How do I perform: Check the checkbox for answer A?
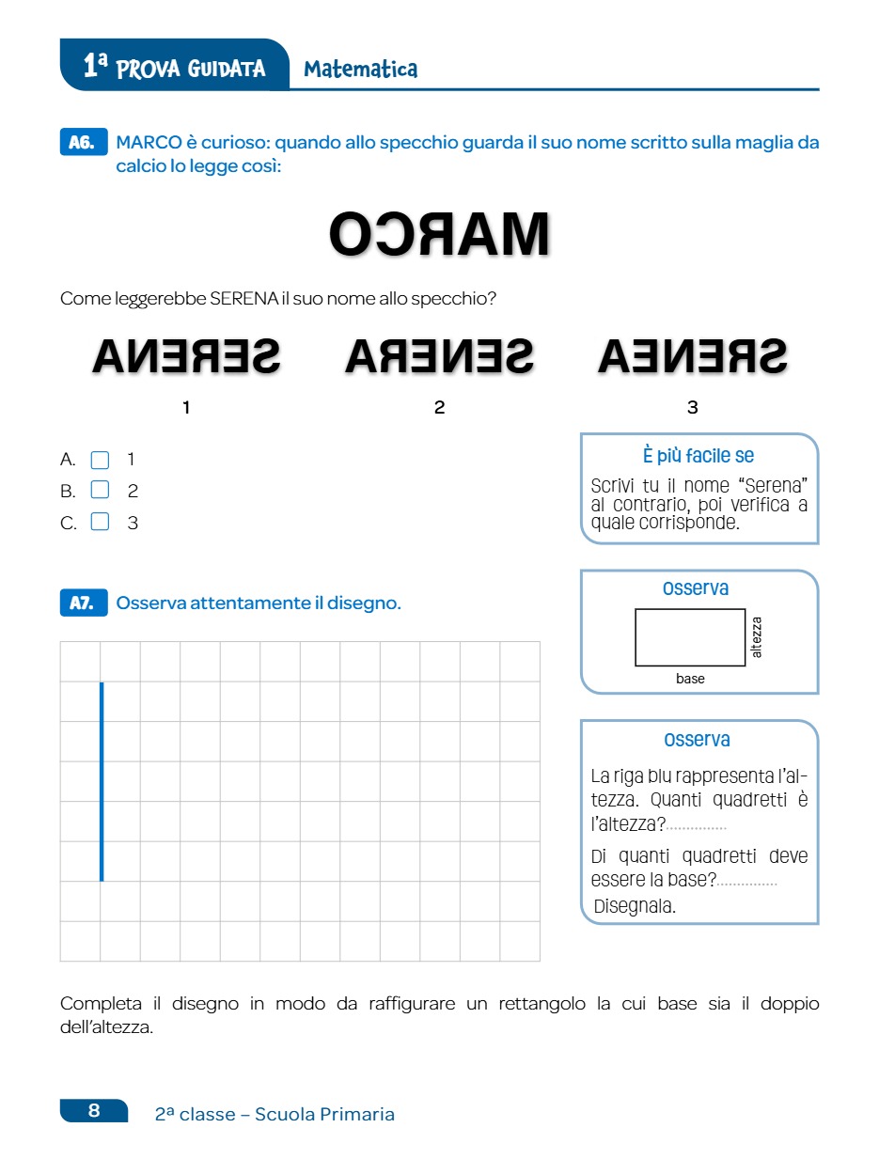point(100,460)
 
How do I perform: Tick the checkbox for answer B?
point(100,491)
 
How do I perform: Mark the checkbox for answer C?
point(100,523)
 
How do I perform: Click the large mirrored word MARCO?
point(439,234)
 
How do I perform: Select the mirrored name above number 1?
point(186,355)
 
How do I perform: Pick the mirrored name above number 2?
point(439,355)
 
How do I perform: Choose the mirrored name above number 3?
point(693,355)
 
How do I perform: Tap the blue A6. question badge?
point(83,143)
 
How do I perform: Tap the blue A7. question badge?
point(83,603)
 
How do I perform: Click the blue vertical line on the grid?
point(102,781)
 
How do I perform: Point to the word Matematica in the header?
point(361,69)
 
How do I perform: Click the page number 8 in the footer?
point(94,1111)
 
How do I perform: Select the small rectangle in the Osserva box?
point(690,637)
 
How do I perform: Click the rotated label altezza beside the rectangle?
point(758,636)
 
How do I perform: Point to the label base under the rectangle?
point(690,679)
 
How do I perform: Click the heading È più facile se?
point(698,456)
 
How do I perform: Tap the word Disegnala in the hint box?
point(635,906)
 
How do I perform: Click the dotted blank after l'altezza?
point(697,827)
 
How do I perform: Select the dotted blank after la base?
point(747,882)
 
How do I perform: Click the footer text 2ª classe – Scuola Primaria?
point(275,1114)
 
